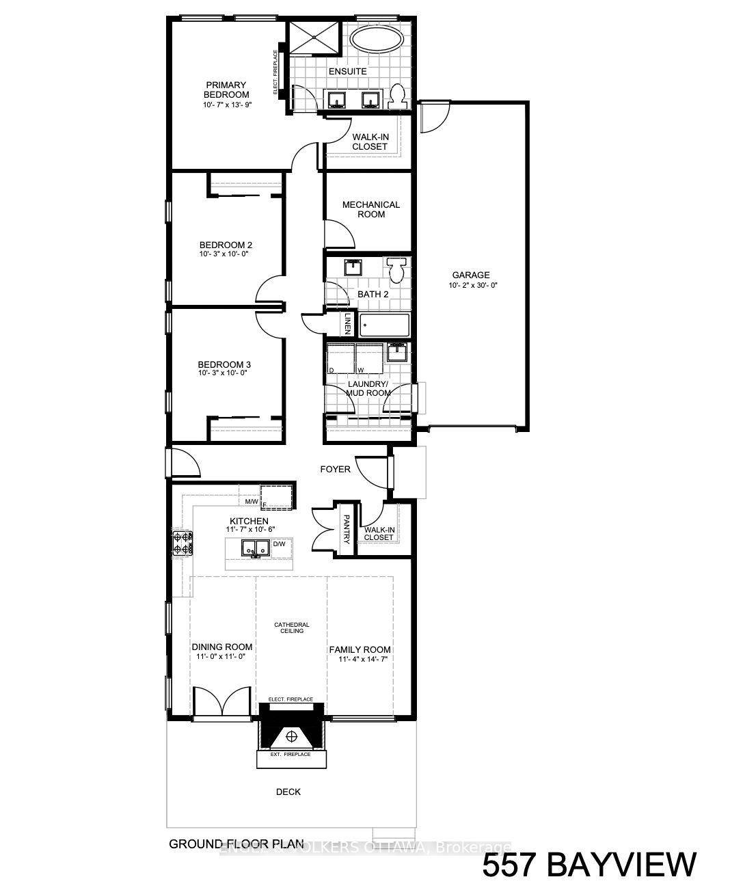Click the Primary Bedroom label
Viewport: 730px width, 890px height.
[x=226, y=90]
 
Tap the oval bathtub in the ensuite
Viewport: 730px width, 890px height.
[x=377, y=39]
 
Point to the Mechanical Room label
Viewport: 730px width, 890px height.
[x=371, y=209]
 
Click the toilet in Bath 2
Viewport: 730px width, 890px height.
[x=396, y=269]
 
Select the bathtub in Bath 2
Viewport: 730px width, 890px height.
[x=384, y=325]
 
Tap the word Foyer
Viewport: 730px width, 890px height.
[x=336, y=470]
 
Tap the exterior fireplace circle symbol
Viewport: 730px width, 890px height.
[x=292, y=736]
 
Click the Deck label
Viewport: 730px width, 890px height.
[x=288, y=792]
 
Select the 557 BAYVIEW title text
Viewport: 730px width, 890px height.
[x=589, y=864]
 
